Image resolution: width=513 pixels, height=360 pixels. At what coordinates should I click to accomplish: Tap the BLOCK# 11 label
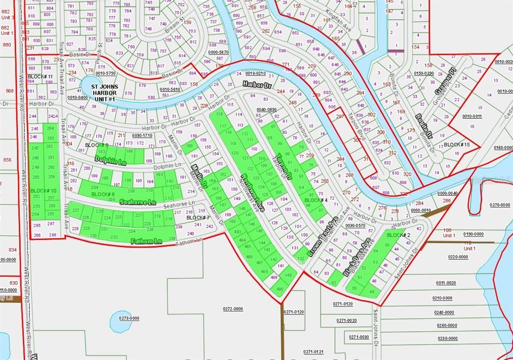point(41,76)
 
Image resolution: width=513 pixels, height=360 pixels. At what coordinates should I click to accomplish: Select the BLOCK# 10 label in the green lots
point(43,191)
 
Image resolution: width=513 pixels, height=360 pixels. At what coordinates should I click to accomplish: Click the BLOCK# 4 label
point(316,200)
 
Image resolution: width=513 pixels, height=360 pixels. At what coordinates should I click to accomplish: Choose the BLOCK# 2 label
point(399,235)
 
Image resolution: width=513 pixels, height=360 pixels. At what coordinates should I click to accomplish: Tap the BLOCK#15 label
point(457,145)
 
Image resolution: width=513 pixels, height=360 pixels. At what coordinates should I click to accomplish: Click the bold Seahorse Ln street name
point(138,201)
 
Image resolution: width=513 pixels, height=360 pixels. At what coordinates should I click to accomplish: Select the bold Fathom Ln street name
point(146,241)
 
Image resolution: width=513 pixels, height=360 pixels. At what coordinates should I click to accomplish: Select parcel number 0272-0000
point(233,308)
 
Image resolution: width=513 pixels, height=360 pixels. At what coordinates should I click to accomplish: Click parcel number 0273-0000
point(129,318)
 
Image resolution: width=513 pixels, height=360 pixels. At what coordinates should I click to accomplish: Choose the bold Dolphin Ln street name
point(110,160)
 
